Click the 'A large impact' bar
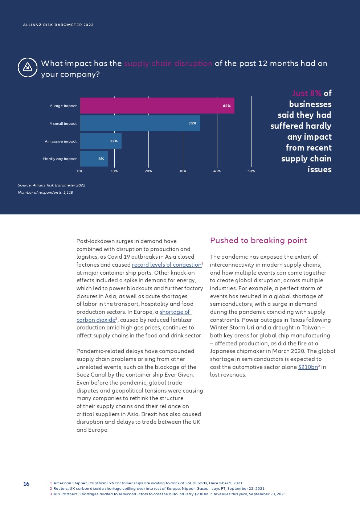pyautogui.click(x=157, y=106)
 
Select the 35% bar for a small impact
pyautogui.click(x=140, y=123)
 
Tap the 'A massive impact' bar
pyautogui.click(x=101, y=141)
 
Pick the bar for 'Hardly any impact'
pyautogui.click(x=94, y=159)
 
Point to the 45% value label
pyautogui.click(x=227, y=106)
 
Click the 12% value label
pyautogui.click(x=114, y=141)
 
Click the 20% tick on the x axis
pyautogui.click(x=148, y=171)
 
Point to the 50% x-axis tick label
pyautogui.click(x=251, y=171)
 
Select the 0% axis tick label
pyautogui.click(x=80, y=171)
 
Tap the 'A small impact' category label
pyautogui.click(x=63, y=124)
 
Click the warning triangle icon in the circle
pyautogui.click(x=28, y=67)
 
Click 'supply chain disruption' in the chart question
pyautogui.click(x=168, y=63)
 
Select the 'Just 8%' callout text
pyautogui.click(x=307, y=93)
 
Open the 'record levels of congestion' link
pyautogui.click(x=167, y=265)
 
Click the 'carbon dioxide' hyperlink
pyautogui.click(x=96, y=320)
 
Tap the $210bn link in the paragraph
pyautogui.click(x=308, y=367)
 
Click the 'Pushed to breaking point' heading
pyautogui.click(x=258, y=241)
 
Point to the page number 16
pyautogui.click(x=26, y=484)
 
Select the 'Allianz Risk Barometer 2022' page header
pyautogui.click(x=58, y=25)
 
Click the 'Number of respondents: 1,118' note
pyautogui.click(x=45, y=193)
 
